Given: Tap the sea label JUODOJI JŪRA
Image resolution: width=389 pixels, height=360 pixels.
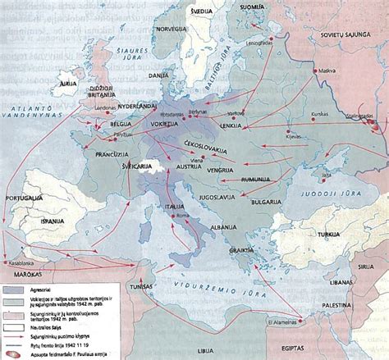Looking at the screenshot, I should tap(328, 184).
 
